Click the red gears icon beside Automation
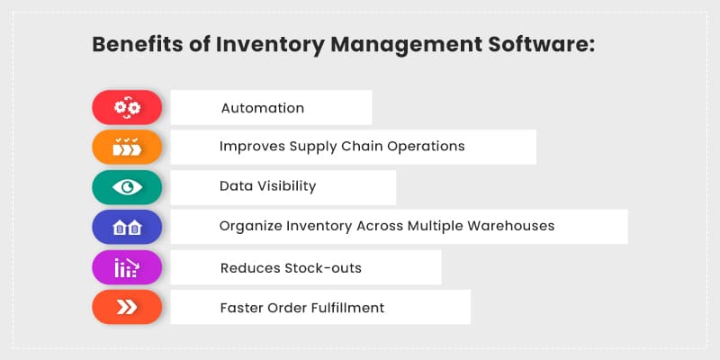tap(127, 108)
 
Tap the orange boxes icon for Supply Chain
tap(127, 147)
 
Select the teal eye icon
tap(127, 186)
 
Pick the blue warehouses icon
tap(127, 227)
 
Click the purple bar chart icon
tap(127, 267)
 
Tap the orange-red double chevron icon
tap(127, 308)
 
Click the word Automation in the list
tap(262, 108)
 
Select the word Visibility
tap(283, 186)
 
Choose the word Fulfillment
tap(347, 308)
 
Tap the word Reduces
tap(247, 267)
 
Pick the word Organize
tap(249, 227)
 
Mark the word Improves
tap(249, 147)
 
